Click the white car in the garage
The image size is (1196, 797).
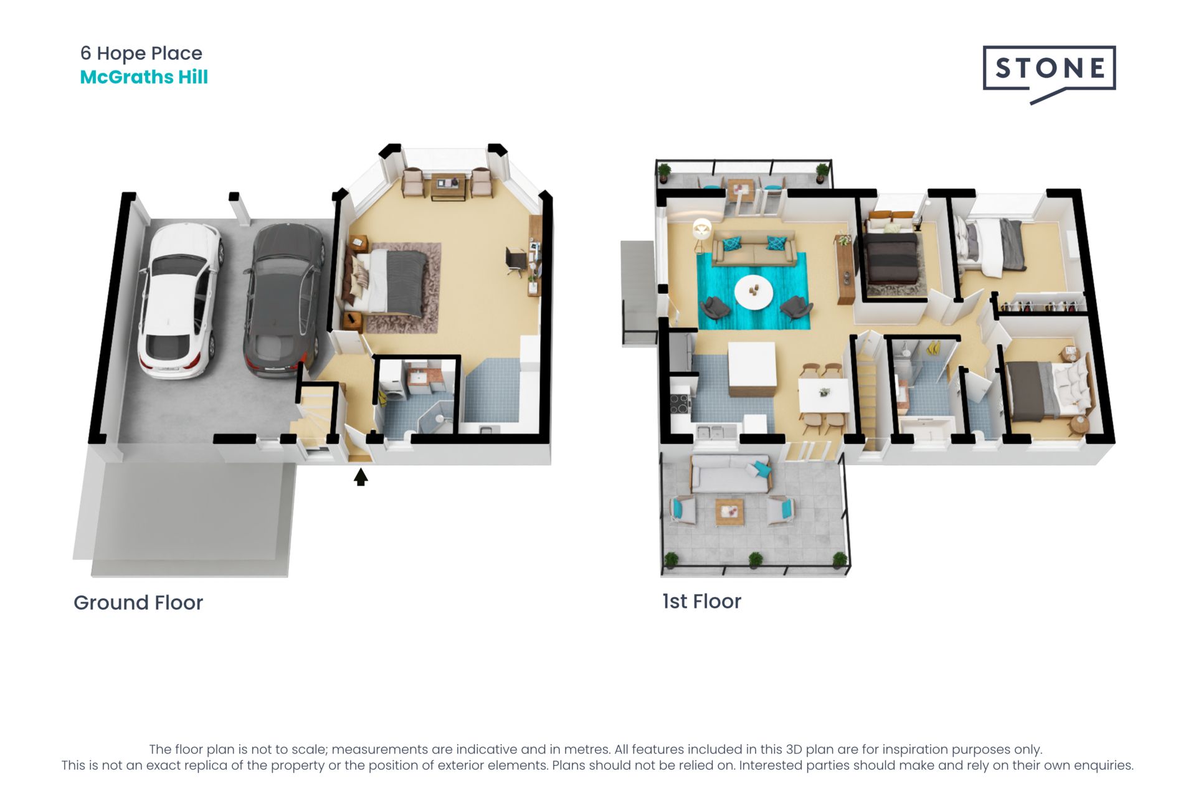[179, 301]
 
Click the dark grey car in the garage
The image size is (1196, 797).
[284, 301]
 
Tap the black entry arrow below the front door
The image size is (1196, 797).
[361, 477]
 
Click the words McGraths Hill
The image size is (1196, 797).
[144, 77]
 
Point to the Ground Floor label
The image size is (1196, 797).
[138, 603]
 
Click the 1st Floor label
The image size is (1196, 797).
[701, 601]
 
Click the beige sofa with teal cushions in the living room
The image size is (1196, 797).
[754, 248]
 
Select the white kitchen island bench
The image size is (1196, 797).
[752, 369]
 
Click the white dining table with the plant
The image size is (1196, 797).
[824, 395]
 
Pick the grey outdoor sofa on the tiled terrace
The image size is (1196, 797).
[731, 473]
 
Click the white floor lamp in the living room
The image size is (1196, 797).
[701, 234]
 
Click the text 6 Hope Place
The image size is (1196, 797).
[141, 54]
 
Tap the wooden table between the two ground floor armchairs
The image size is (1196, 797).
[448, 186]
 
